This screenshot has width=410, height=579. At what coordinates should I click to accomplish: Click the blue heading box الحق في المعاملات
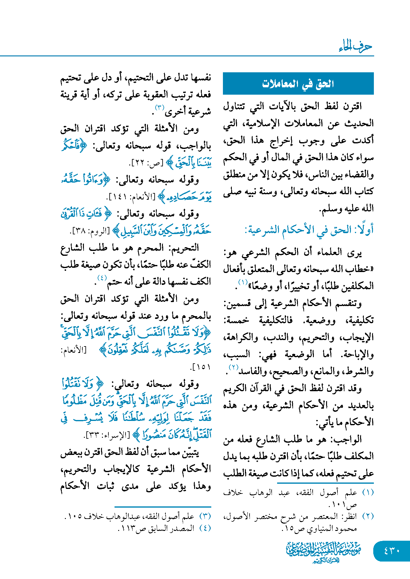298,83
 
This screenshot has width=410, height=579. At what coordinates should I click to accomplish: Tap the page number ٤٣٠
392,551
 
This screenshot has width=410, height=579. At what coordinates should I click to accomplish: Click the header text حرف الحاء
355,47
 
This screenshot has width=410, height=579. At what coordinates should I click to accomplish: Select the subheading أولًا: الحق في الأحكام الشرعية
309,230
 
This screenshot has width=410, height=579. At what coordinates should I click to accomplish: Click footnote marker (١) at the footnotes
368,493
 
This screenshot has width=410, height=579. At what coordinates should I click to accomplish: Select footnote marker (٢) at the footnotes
368,516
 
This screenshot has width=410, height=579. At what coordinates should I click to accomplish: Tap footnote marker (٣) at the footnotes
205,516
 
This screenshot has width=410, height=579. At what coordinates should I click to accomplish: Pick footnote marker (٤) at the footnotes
205,528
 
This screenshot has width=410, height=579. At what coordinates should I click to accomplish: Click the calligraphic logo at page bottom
323,552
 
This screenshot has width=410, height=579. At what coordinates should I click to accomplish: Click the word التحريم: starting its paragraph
186,248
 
